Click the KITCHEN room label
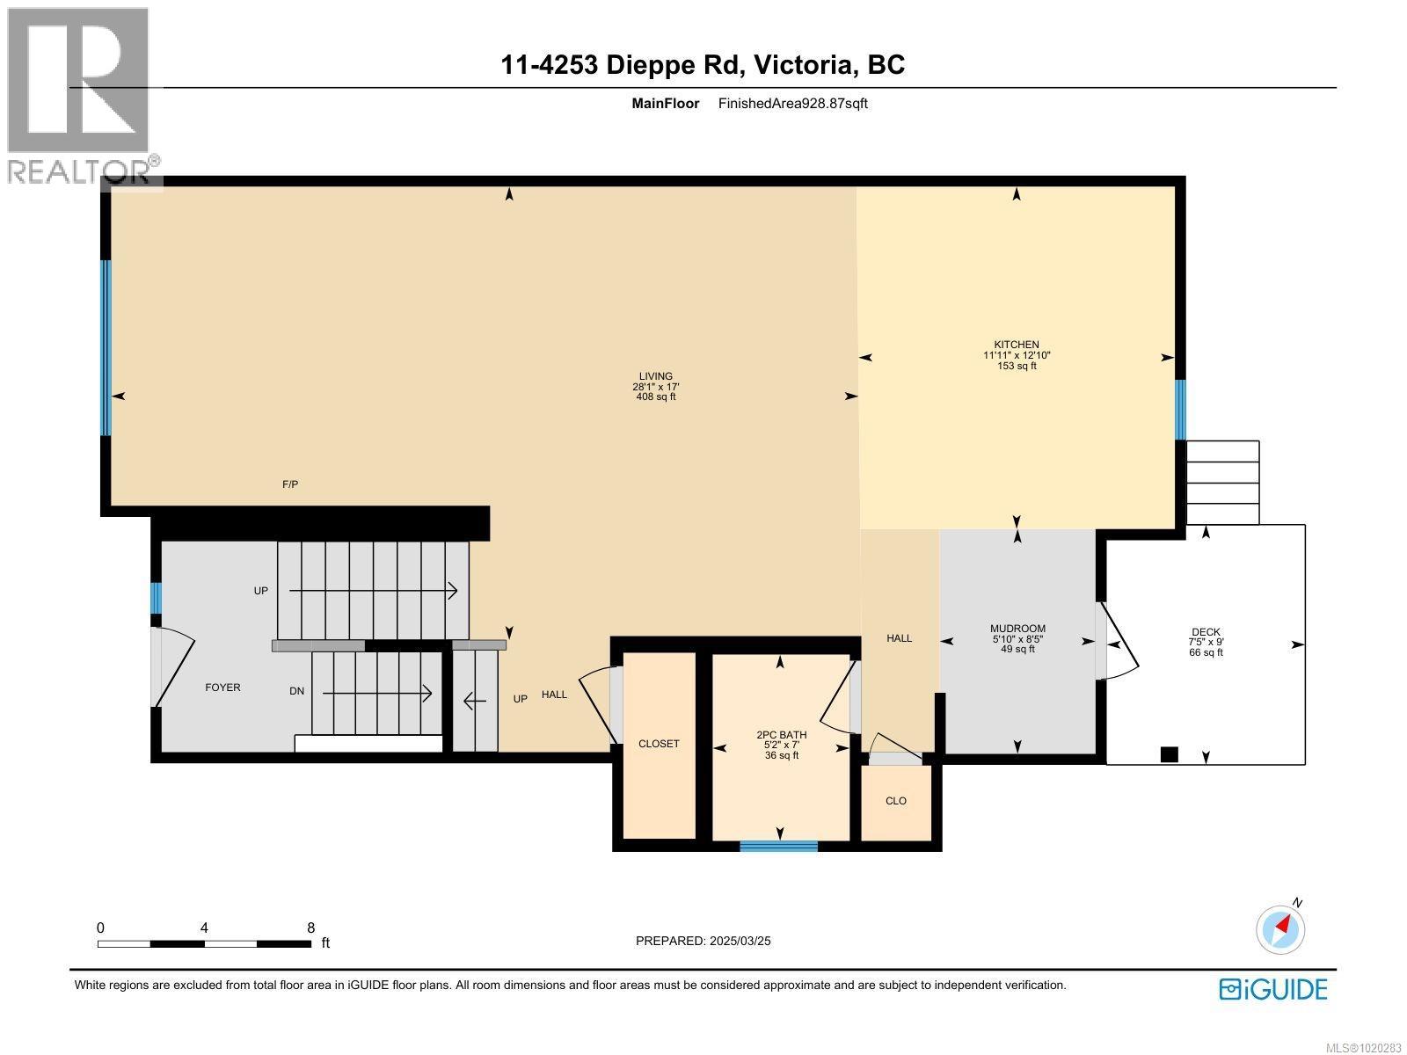[x=1017, y=345]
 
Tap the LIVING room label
[x=656, y=376]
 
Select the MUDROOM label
[x=1017, y=629]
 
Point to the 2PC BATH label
[x=781, y=735]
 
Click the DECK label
[x=1206, y=632]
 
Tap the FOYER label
[x=222, y=688]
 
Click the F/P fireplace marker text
[x=290, y=484]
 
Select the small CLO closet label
[x=896, y=801]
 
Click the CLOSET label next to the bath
[x=659, y=744]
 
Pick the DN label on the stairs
[x=297, y=691]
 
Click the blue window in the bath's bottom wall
[x=778, y=847]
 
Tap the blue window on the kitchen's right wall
[x=1180, y=410]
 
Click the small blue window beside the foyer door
[x=156, y=598]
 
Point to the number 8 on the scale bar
[x=310, y=928]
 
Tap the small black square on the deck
[x=1169, y=754]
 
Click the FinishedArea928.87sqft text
[x=793, y=103]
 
